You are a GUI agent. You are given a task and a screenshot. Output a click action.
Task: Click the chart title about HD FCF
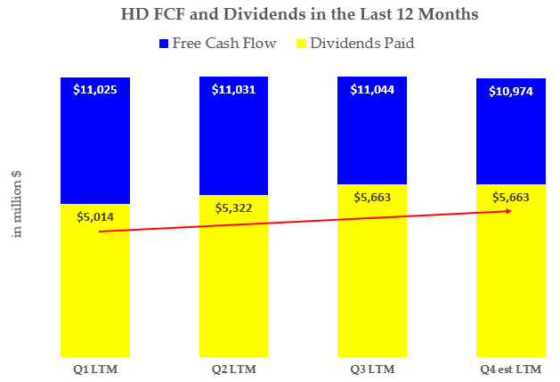pos(280,15)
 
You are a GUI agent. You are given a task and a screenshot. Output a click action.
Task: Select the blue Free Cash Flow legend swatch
pos(163,42)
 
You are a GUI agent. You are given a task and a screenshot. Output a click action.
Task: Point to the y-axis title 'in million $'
pos(17,202)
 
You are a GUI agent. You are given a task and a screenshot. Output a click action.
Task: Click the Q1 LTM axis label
pos(95,368)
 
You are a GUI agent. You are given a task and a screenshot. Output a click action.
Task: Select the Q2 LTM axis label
pos(233,368)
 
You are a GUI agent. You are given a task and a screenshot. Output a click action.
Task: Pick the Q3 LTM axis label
pos(372,368)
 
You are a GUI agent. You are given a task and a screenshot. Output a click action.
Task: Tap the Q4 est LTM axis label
pos(510,368)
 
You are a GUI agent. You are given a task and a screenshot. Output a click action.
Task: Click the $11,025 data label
pos(95,89)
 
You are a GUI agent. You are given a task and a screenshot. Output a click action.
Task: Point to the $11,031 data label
pos(233,89)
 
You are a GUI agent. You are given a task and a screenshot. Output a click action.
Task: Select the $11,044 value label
pos(372,89)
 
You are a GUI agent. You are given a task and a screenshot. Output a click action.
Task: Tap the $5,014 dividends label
pos(95,216)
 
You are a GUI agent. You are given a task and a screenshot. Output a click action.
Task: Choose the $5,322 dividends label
pos(233,207)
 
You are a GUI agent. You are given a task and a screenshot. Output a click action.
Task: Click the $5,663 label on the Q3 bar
pos(372,198)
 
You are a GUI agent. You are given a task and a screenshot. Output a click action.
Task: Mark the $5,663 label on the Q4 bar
pos(510,198)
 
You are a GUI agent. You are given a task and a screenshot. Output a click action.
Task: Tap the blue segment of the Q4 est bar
pos(510,142)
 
